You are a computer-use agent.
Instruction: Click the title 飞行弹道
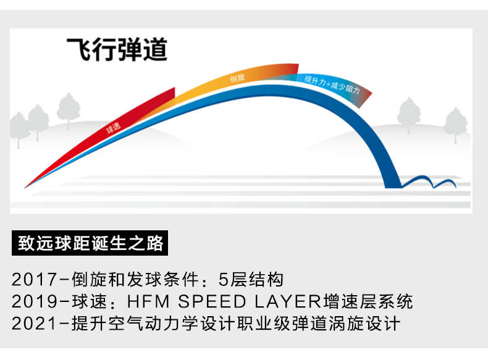click(117, 49)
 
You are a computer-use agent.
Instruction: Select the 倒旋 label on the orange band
click(237, 78)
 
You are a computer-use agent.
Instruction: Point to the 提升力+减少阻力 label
click(334, 83)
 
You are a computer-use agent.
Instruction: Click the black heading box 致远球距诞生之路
click(91, 243)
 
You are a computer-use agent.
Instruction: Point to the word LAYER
click(288, 302)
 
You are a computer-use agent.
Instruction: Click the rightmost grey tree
click(456, 124)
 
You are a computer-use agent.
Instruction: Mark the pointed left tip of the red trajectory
click(26, 186)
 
